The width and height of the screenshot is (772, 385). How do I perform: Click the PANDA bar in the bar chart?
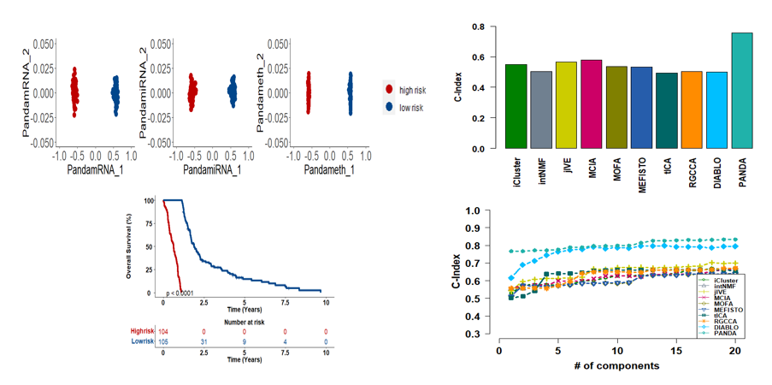(x=742, y=91)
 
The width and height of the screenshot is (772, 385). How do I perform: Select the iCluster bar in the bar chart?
(x=516, y=106)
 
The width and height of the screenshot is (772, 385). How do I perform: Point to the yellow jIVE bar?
(x=566, y=105)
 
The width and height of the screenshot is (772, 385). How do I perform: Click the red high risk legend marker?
(x=390, y=89)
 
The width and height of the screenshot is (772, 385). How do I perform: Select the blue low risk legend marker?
(x=390, y=106)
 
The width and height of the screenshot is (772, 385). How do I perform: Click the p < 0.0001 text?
(x=183, y=293)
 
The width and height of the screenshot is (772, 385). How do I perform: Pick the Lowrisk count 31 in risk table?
(x=204, y=342)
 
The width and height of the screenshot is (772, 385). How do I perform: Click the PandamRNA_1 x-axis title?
(x=97, y=170)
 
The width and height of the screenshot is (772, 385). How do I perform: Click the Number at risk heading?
(x=245, y=323)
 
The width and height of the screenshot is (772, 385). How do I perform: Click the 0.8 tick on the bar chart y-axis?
(x=479, y=27)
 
